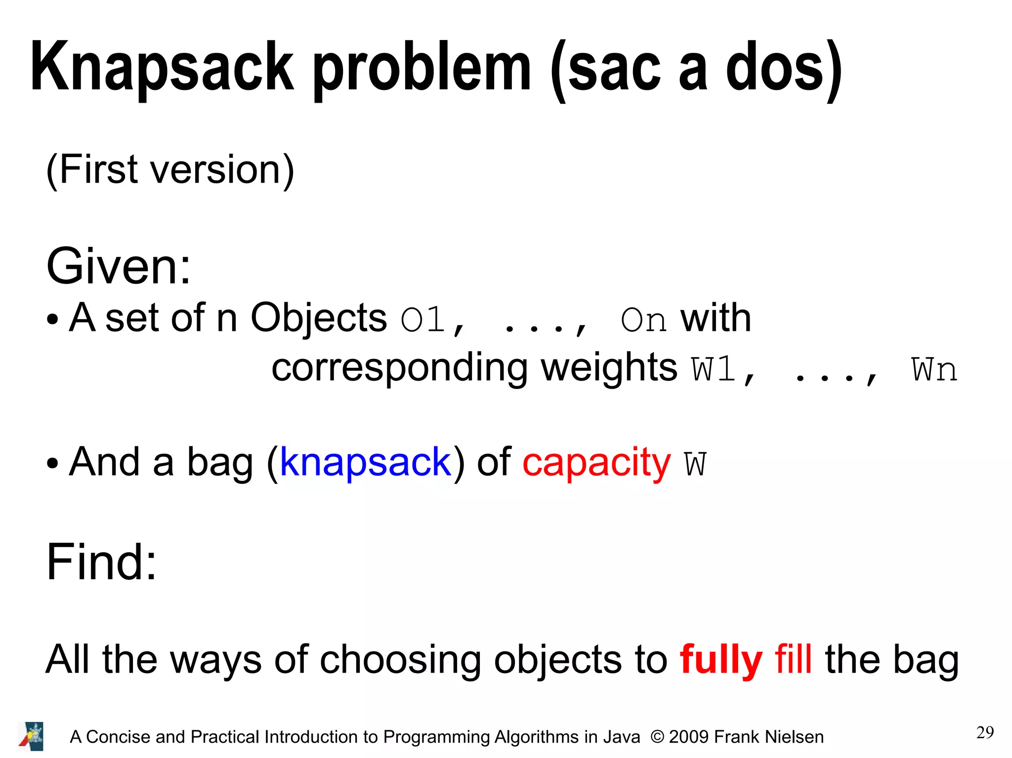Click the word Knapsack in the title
pos(162,68)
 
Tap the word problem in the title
pos(422,68)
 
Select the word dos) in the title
pos(784,68)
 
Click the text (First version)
pos(170,169)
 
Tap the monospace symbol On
pos(643,319)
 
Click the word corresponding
pos(399,368)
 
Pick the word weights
pos(609,368)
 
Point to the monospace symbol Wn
pos(934,369)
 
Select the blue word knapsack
pos(366,462)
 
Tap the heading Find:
pos(101,561)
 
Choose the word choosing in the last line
pos(400,660)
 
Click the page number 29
pos(985,732)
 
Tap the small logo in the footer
pos(32,736)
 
